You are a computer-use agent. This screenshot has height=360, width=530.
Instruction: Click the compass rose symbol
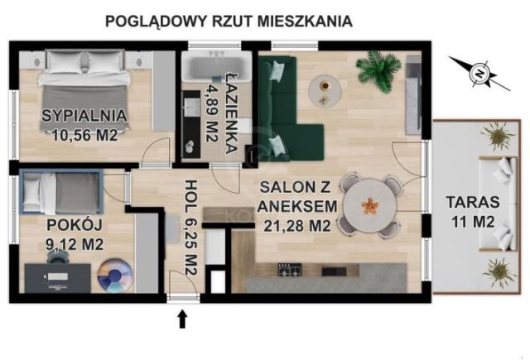(477, 73)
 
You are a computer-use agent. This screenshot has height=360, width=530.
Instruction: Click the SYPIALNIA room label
(86, 116)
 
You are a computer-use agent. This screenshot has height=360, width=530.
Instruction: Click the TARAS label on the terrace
(470, 201)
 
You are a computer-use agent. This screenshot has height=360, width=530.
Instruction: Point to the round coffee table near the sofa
(325, 84)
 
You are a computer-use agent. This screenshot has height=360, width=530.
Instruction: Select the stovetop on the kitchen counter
(291, 270)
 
